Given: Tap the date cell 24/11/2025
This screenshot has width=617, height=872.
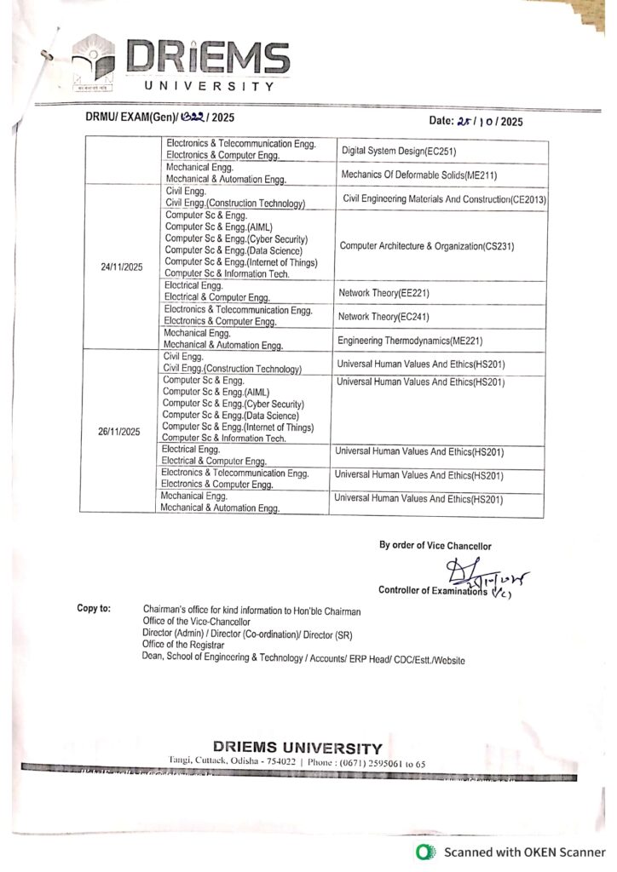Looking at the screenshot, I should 121,267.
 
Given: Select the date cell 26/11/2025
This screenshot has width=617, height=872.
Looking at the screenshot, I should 119,432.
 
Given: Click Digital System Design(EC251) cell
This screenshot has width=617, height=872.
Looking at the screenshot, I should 407,151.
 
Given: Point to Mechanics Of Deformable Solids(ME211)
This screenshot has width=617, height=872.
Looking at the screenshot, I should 418,175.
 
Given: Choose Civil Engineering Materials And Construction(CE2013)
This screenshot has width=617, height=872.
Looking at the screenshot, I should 443,198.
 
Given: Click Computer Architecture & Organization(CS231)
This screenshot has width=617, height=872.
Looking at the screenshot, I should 427,246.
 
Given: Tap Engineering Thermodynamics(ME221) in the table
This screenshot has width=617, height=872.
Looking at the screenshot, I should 410,341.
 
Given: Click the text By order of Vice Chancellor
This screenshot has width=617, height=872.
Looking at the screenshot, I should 435,546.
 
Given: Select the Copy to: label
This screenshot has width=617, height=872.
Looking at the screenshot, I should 94,609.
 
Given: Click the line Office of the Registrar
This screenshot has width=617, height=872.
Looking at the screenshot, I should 183,646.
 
